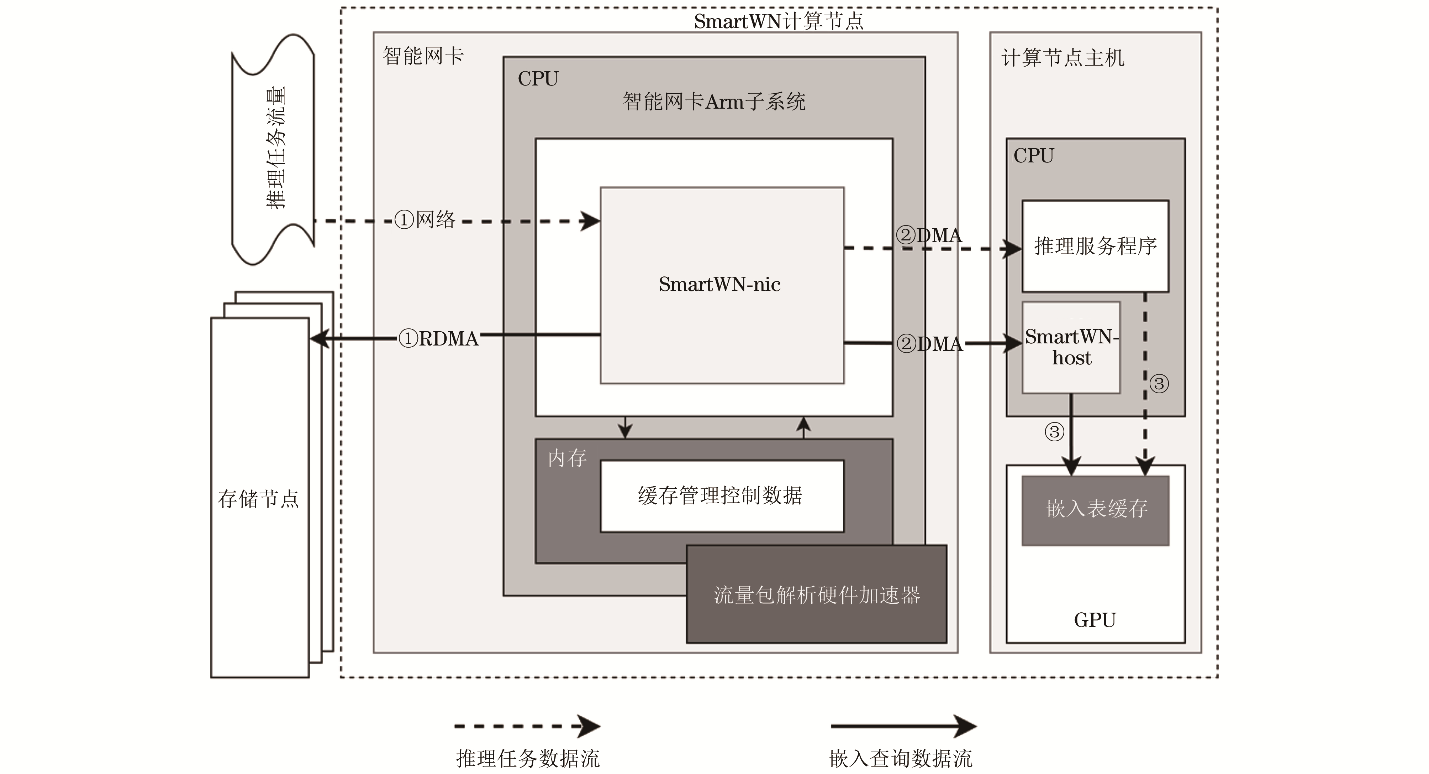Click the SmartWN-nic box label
pos(719,284)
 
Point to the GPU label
pos(1095,620)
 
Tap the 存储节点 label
pos(258,499)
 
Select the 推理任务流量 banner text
pos(276,148)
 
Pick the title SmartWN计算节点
pos(778,21)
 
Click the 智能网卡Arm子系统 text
pos(714,102)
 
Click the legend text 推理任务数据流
pos(528,758)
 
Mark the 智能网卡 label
pos(423,56)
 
